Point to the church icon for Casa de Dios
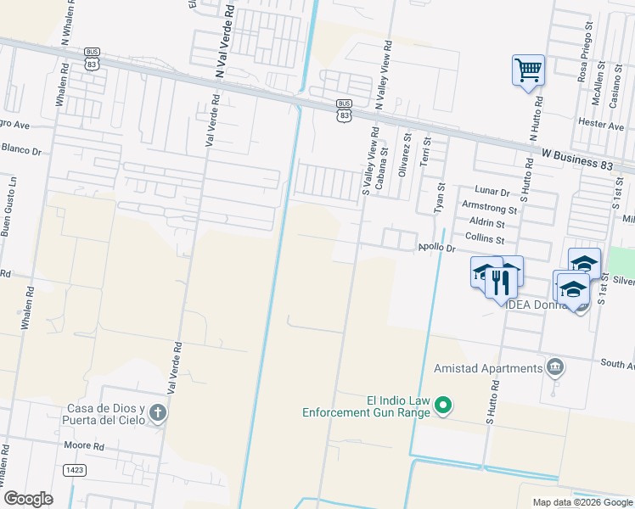coord(157,413)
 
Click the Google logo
coord(28,499)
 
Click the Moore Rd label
coord(84,445)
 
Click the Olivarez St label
coord(405,153)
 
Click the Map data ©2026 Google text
coord(582,502)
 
